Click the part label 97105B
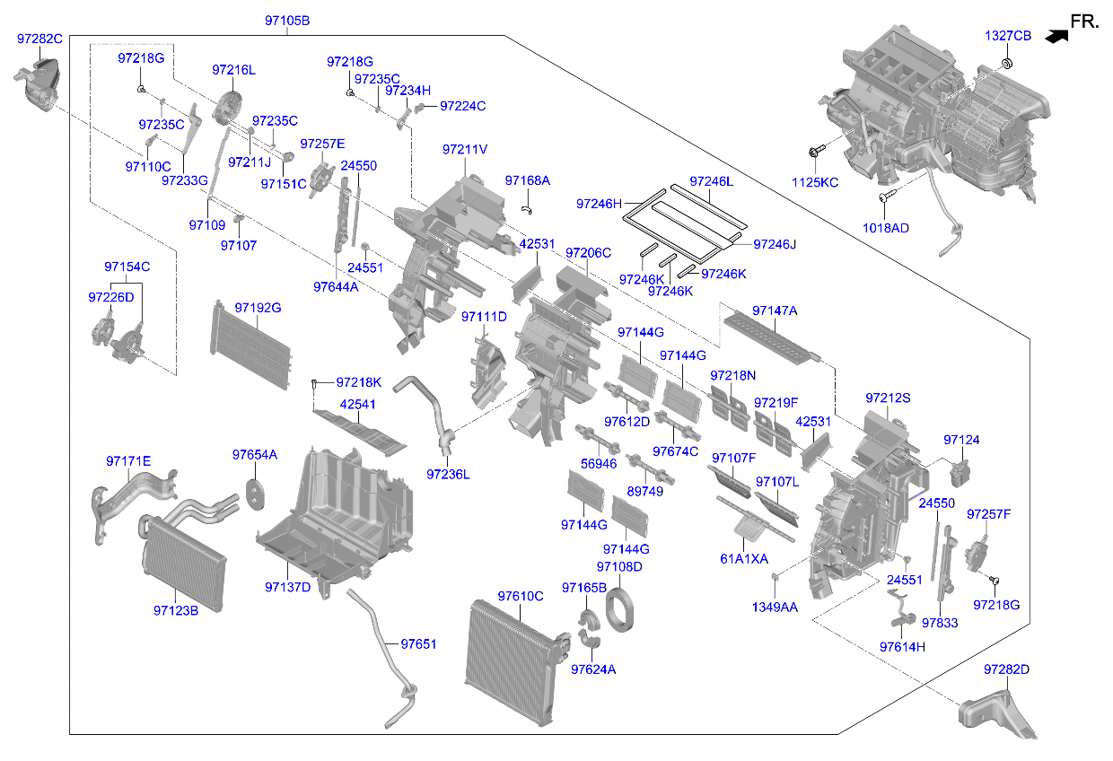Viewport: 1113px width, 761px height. pos(287,21)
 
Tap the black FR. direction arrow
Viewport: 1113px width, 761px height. pos(1056,37)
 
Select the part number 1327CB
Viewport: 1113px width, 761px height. pos(1008,36)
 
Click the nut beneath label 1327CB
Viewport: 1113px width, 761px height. pos(1007,64)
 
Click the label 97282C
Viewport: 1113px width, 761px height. pos(39,39)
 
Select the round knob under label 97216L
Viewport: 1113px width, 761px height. pos(227,108)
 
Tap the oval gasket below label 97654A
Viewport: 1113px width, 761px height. pos(255,494)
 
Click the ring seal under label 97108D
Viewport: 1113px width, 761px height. pos(619,610)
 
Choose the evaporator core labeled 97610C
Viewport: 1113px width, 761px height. pos(517,663)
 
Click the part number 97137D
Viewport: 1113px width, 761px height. pos(288,588)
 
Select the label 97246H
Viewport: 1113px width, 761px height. pos(599,204)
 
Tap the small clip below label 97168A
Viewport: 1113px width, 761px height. pos(527,210)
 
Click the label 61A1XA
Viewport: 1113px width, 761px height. pos(744,559)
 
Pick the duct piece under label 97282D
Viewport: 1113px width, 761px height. pos(997,714)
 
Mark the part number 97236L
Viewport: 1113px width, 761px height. pos(448,475)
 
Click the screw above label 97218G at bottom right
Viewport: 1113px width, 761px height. pos(994,580)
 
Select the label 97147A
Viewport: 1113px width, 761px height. pos(775,311)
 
